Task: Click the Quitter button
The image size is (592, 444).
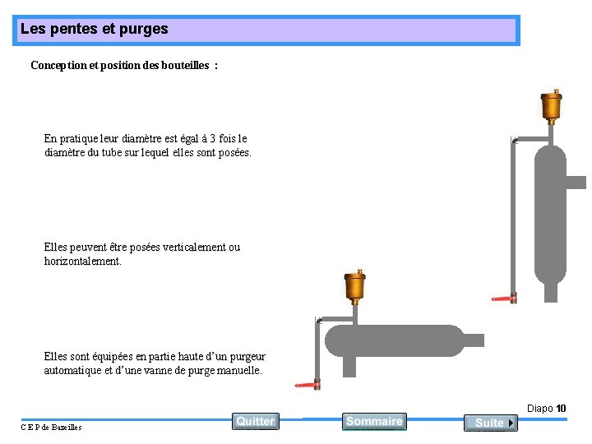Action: click(255, 421)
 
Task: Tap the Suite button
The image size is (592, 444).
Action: click(490, 423)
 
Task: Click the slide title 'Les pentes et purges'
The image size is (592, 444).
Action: click(94, 29)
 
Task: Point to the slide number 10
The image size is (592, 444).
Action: click(561, 409)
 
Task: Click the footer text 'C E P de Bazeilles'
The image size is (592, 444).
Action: click(51, 427)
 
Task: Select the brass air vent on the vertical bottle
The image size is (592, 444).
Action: click(551, 104)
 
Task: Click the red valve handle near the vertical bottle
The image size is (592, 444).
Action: click(501, 298)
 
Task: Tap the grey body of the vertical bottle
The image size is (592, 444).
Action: click(550, 214)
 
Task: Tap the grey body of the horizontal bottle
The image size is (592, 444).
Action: click(395, 340)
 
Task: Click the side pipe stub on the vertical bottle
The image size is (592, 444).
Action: click(576, 183)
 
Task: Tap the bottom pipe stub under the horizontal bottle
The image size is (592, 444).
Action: click(349, 367)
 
